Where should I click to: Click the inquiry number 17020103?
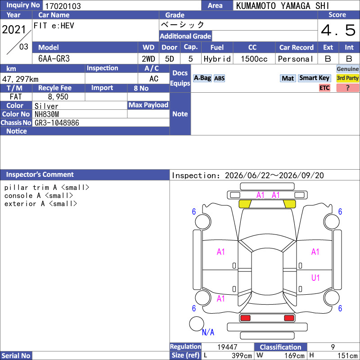coord(63,6)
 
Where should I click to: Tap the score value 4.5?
coord(338,30)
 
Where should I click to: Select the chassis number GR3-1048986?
coord(57,123)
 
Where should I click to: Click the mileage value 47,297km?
coord(20,79)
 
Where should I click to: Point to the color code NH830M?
coord(47,114)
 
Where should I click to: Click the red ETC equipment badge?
coord(324,88)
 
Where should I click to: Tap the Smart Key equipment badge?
coord(314,78)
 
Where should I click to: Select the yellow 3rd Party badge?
coord(347,78)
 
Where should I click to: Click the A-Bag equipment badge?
coord(202,78)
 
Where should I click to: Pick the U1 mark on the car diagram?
coord(315,278)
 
